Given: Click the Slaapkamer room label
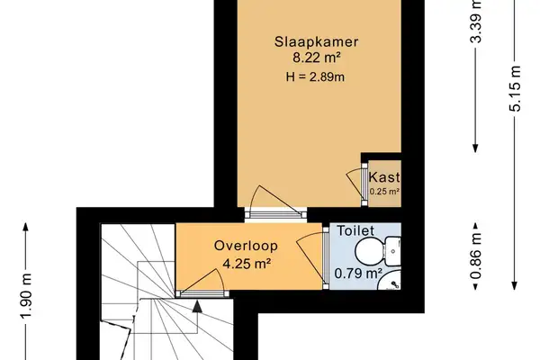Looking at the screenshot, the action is pos(316,41).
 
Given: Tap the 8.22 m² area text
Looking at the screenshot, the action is pos(317,58).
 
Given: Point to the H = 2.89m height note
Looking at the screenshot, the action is pos(315,76).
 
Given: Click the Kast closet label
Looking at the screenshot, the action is pos(384,177).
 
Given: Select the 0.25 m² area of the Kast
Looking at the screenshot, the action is pos(384,191).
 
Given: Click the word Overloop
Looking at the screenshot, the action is pos(246,246).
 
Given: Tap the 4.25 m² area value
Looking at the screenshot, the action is pos(247,264).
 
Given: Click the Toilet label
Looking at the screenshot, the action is pos(355,230).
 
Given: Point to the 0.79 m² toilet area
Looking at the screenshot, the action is pos(358,274).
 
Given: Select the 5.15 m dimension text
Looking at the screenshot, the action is pos(515,88).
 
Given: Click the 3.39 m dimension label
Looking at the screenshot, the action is pos(475,22).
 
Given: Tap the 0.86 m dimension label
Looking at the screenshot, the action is pos(475,256).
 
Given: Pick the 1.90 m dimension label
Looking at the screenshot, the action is pos(26,296).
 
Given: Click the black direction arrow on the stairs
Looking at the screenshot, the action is pos(197,307).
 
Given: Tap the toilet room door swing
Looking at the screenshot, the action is pos(310,256).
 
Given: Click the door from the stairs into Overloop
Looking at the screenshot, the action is pos(203,283).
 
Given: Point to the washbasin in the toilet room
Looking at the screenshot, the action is pos(391,281).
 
